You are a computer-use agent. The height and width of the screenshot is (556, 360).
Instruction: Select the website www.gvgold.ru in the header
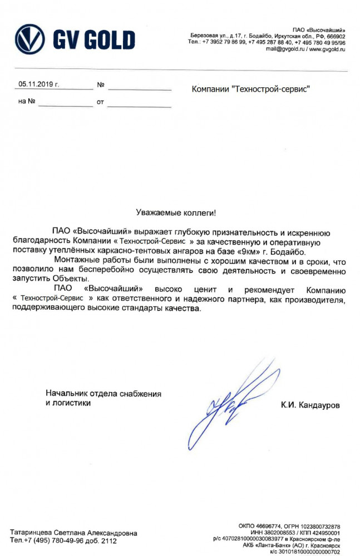pos(327,49)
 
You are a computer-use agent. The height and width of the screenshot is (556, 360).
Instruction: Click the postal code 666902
pos(336,36)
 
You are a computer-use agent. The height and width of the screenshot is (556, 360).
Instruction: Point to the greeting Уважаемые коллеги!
pos(175,212)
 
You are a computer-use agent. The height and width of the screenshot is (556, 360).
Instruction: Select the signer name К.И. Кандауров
pos(310,406)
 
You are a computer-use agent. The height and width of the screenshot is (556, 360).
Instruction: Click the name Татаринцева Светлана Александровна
pos(73,533)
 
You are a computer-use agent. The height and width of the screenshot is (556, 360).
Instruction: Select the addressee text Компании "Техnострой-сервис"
pos(250,88)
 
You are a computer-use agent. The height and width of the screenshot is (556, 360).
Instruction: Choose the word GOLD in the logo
pos(108,39)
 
